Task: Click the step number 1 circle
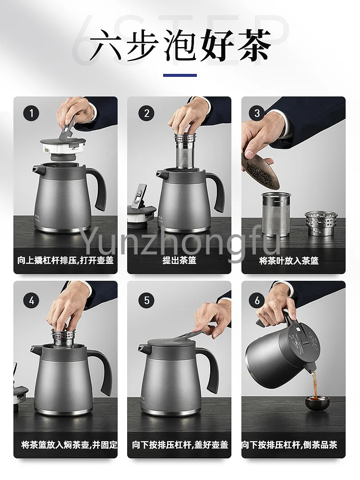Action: tap(31, 113)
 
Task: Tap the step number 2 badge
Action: tap(146, 113)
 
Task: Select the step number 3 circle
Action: tap(257, 113)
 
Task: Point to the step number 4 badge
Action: tap(31, 300)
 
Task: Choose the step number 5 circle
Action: tap(146, 300)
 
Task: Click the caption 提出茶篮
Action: tap(180, 261)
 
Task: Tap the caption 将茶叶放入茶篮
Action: tap(289, 261)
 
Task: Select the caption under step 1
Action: tap(65, 261)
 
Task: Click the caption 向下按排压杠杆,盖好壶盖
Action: tap(180, 445)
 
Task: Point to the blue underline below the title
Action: tap(180, 75)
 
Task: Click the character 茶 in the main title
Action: tap(252, 45)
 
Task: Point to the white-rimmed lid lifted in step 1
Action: tap(63, 146)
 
